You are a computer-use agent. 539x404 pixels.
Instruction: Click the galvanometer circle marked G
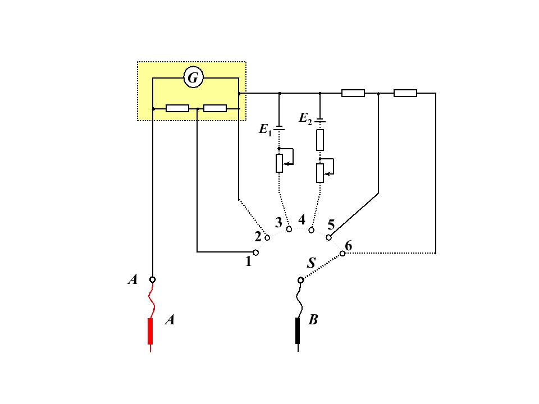pyautogui.click(x=194, y=77)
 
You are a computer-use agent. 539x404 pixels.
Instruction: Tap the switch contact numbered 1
pyautogui.click(x=256, y=252)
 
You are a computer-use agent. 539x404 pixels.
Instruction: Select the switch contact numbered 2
pyautogui.click(x=267, y=237)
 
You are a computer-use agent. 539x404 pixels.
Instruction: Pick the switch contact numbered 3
pyautogui.click(x=289, y=229)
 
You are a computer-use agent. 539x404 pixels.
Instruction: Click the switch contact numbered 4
pyautogui.click(x=311, y=230)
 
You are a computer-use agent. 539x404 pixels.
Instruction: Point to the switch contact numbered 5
pyautogui.click(x=328, y=237)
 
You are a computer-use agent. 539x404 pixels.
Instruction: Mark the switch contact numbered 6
pyautogui.click(x=342, y=254)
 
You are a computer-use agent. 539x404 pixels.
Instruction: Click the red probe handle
pyautogui.click(x=150, y=331)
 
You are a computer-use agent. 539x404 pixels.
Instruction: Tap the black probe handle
pyautogui.click(x=298, y=330)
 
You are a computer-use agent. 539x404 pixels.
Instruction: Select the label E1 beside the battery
pyautogui.click(x=265, y=130)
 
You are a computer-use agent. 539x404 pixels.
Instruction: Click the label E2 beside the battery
pyautogui.click(x=305, y=118)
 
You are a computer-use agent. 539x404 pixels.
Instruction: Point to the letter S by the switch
pyautogui.click(x=311, y=263)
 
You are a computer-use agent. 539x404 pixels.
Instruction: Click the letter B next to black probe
pyautogui.click(x=313, y=319)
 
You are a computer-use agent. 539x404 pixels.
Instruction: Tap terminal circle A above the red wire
pyautogui.click(x=152, y=279)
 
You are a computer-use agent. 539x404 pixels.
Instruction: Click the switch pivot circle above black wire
pyautogui.click(x=300, y=281)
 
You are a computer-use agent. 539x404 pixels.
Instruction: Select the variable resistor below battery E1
pyautogui.click(x=279, y=163)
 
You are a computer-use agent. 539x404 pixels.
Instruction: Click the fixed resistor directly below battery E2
pyautogui.click(x=320, y=140)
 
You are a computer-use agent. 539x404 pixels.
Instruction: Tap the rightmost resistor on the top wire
pyautogui.click(x=405, y=93)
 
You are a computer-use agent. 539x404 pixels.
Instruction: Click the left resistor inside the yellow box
pyautogui.click(x=177, y=108)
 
